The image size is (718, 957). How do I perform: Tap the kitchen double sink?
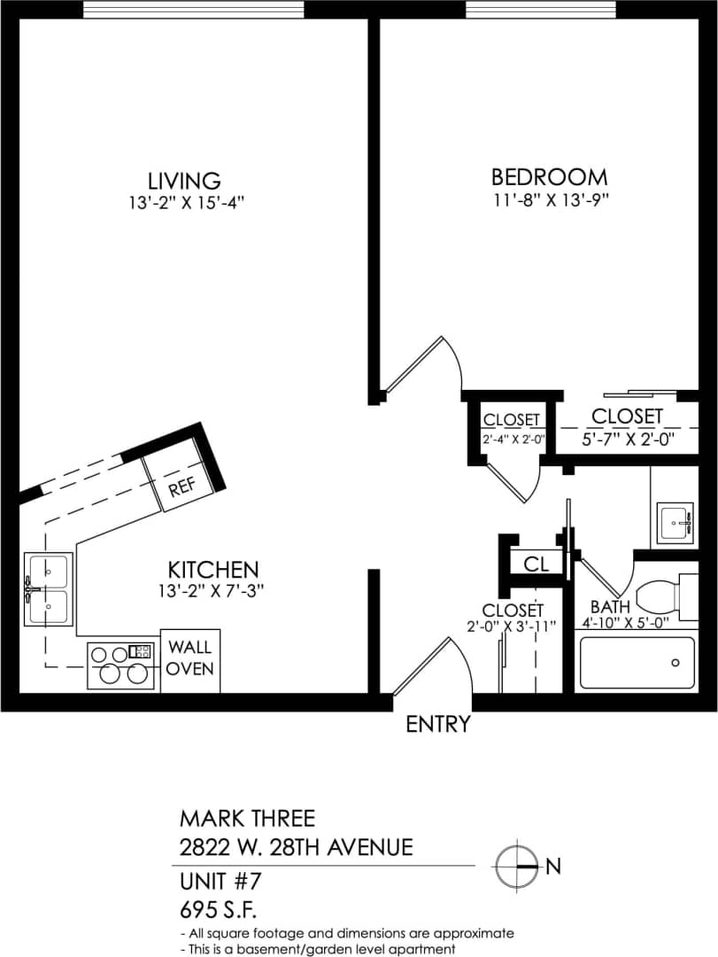click(x=48, y=588)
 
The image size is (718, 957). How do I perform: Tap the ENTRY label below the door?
click(x=437, y=724)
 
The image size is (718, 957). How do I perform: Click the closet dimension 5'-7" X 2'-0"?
click(x=627, y=438)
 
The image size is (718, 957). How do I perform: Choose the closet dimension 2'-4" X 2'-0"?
click(x=513, y=438)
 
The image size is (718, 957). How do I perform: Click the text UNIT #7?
click(x=220, y=882)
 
